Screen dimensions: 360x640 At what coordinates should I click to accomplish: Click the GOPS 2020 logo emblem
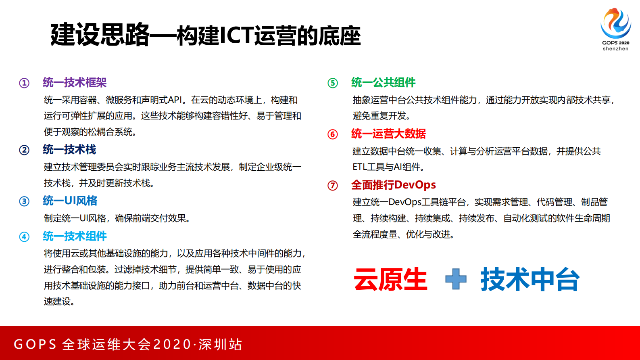tap(615, 23)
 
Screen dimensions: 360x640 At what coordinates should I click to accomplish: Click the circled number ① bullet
tap(24, 83)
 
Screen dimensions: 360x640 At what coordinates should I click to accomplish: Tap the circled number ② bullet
tap(24, 150)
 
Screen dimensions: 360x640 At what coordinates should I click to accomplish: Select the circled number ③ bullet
tap(24, 201)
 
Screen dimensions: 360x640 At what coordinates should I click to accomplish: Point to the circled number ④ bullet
tap(24, 237)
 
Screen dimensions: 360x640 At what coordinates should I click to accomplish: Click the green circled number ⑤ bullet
tap(333, 83)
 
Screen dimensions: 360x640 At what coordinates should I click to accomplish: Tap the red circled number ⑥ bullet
tap(333, 134)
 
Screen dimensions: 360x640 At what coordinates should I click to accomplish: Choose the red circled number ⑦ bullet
tap(333, 185)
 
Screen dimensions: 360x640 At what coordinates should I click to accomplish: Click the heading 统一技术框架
tap(75, 83)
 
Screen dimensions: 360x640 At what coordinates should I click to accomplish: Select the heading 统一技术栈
tap(69, 150)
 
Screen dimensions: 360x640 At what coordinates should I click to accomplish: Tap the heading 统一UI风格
tap(70, 201)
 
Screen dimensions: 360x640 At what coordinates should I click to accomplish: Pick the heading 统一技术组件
tap(75, 236)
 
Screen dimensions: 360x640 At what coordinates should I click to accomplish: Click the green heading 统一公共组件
tap(383, 83)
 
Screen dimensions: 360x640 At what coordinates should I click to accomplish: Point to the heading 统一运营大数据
tap(388, 134)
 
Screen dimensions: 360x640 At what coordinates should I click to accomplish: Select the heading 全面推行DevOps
tap(393, 185)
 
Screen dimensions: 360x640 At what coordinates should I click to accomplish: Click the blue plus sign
tap(456, 279)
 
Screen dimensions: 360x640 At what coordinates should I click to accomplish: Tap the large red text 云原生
tap(390, 279)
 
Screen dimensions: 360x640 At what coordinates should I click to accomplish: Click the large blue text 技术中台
tap(530, 279)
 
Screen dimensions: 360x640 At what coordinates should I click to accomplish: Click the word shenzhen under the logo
tap(615, 49)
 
